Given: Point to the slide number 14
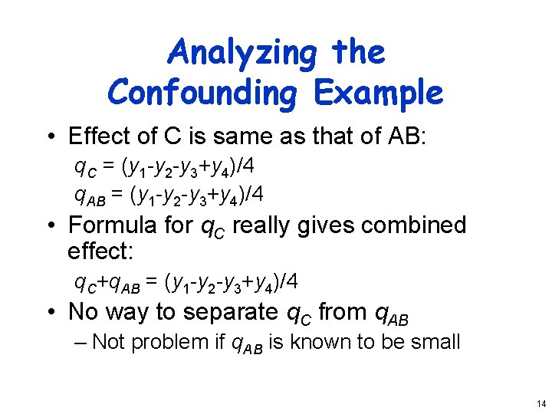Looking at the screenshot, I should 540,403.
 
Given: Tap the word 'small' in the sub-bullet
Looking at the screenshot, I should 433,341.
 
